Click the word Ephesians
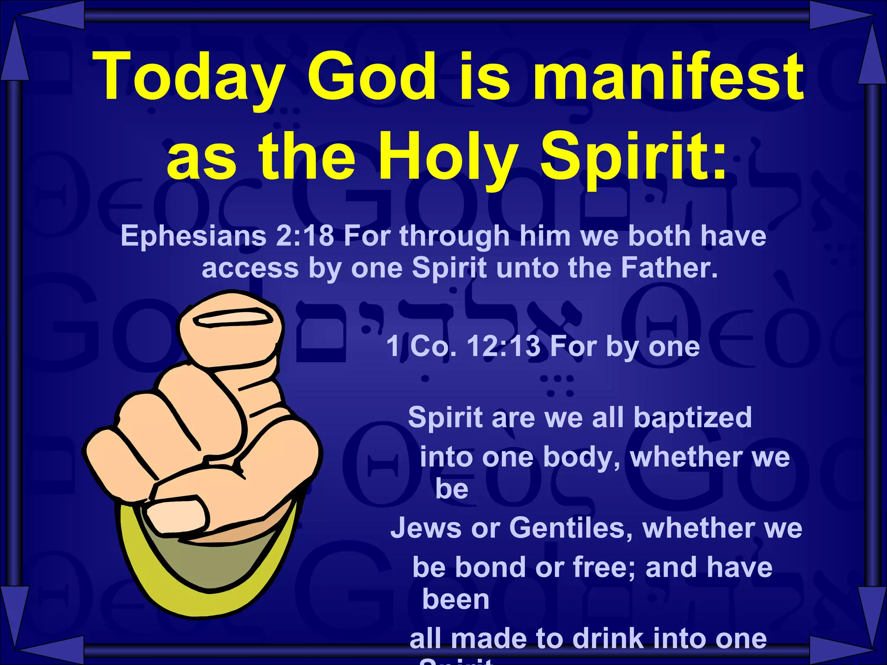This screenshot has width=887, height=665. (x=193, y=236)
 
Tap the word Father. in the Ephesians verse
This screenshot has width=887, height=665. (x=670, y=268)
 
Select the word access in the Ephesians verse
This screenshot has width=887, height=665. (x=250, y=268)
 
